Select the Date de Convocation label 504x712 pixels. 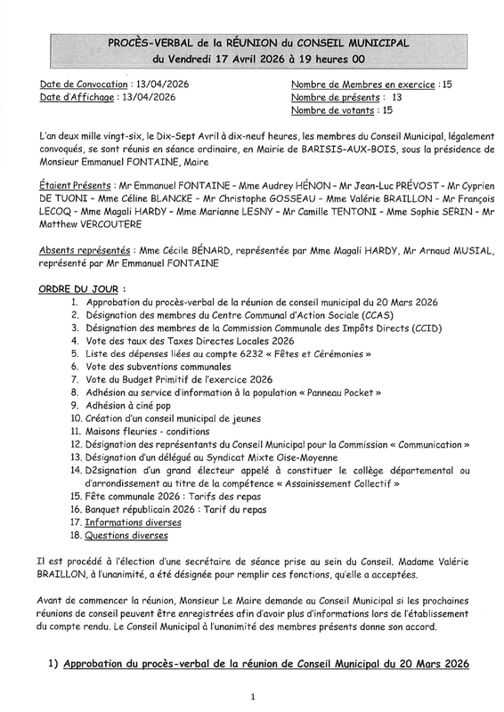click(81, 84)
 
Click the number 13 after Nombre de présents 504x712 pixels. click(396, 97)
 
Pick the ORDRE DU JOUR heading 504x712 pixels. click(77, 290)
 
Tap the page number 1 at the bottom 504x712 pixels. click(254, 696)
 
